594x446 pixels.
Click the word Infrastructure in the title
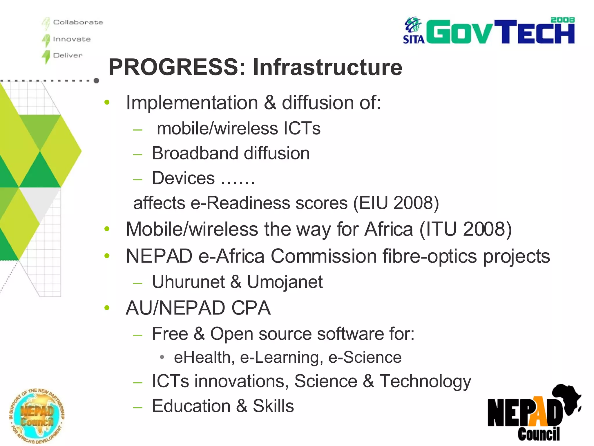[x=327, y=67]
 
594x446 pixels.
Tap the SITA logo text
[x=414, y=39]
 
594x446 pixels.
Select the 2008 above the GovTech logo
[x=562, y=20]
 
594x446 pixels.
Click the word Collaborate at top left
[x=78, y=22]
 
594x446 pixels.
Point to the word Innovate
[x=72, y=39]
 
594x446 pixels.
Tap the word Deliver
[x=68, y=55]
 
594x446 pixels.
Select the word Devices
[x=183, y=178]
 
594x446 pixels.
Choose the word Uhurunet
[x=188, y=282]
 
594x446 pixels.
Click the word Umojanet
[x=285, y=282]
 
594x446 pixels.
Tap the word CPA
[x=251, y=308]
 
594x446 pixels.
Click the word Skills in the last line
[x=273, y=406]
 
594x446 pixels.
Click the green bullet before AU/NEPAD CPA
[x=107, y=307]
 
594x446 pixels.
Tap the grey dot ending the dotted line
[x=96, y=81]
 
